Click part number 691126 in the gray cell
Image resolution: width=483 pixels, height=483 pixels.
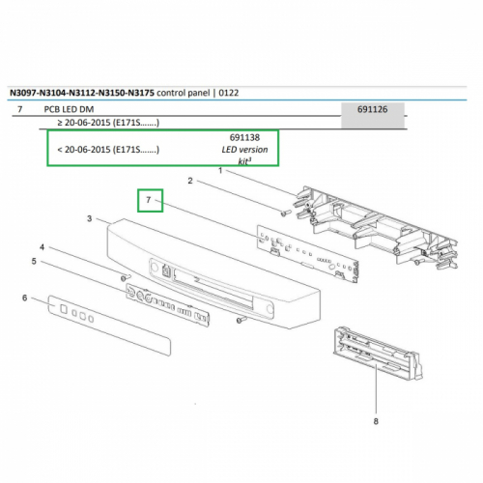[372, 109]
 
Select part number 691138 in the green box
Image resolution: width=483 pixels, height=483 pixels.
[244, 137]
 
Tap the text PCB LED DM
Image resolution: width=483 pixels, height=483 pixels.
[69, 109]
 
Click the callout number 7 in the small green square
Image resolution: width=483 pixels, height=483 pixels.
[149, 200]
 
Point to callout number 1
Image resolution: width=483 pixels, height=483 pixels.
[220, 170]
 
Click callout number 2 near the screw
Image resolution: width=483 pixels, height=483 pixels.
[190, 181]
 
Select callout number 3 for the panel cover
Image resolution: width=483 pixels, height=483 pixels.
[90, 218]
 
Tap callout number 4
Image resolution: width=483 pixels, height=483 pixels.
[42, 247]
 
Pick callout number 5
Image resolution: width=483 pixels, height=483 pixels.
[34, 261]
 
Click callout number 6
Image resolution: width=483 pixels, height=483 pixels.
[25, 298]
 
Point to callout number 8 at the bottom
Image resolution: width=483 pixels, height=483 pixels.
[376, 421]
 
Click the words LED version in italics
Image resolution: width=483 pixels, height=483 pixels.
[244, 150]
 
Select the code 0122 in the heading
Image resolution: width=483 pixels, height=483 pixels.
[229, 93]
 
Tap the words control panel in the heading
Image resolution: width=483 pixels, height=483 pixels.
[183, 93]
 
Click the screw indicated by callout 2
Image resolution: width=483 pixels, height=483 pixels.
[285, 213]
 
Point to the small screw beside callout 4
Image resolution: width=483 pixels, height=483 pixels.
[125, 277]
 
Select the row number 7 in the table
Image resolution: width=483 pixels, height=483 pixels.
[20, 109]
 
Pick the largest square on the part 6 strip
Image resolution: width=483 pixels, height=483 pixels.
[64, 309]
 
